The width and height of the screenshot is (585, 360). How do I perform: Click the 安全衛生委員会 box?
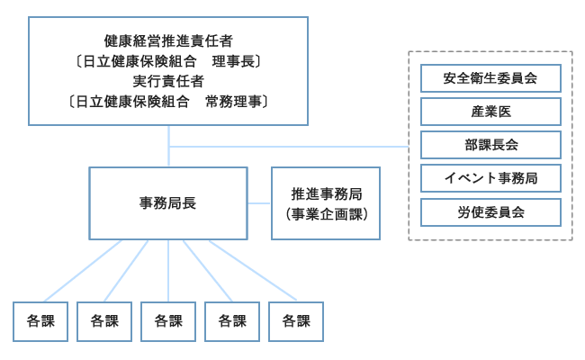(490, 78)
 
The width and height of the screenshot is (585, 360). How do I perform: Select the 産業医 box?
(490, 112)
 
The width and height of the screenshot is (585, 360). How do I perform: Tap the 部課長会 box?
(490, 145)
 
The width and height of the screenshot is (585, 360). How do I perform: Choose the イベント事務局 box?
(490, 178)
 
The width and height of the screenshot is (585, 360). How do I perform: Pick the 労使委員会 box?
(490, 211)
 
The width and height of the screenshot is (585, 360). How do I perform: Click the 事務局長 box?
(168, 203)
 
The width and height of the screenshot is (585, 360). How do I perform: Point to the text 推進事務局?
(326, 193)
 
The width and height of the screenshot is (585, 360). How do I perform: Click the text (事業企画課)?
(326, 214)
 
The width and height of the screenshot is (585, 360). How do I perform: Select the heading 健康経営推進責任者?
(169, 40)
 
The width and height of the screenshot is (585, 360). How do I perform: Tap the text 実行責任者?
(169, 82)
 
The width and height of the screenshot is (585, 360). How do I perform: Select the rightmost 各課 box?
(296, 321)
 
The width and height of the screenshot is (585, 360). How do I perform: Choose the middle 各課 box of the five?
(168, 321)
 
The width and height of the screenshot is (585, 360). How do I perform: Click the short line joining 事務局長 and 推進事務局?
(259, 203)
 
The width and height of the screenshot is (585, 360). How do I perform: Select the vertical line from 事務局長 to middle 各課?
(168, 270)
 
